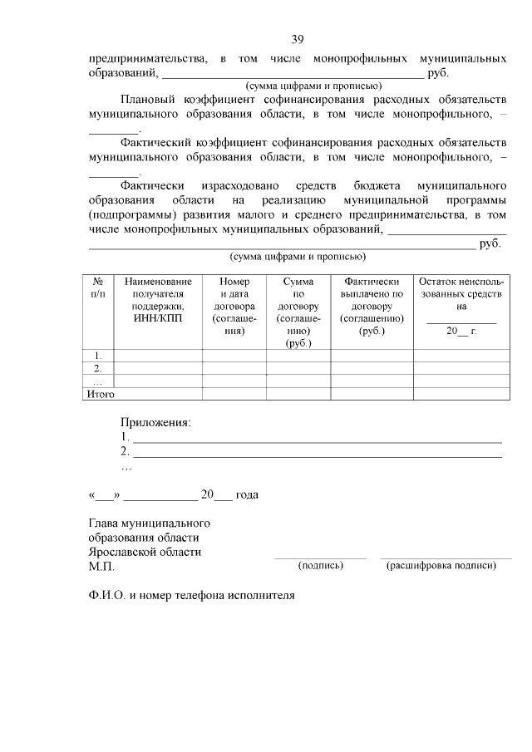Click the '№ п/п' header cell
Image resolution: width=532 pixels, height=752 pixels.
(98, 288)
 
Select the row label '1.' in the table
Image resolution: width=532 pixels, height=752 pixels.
(98, 356)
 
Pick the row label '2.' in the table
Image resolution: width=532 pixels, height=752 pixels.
(98, 368)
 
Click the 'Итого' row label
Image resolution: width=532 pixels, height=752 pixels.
(101, 394)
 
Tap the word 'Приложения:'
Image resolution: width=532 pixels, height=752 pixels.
(155, 422)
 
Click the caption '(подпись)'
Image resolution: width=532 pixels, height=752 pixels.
(320, 566)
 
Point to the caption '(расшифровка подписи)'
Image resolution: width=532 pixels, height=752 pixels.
(441, 566)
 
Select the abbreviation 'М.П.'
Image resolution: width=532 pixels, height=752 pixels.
(101, 567)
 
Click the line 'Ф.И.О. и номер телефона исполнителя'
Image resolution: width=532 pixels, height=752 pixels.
(192, 596)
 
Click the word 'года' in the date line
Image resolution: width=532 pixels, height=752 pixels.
(247, 494)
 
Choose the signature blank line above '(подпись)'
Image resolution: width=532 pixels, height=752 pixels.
(320, 558)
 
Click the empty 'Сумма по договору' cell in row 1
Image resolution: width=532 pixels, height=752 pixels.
(298, 356)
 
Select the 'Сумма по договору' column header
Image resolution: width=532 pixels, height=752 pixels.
(298, 312)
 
